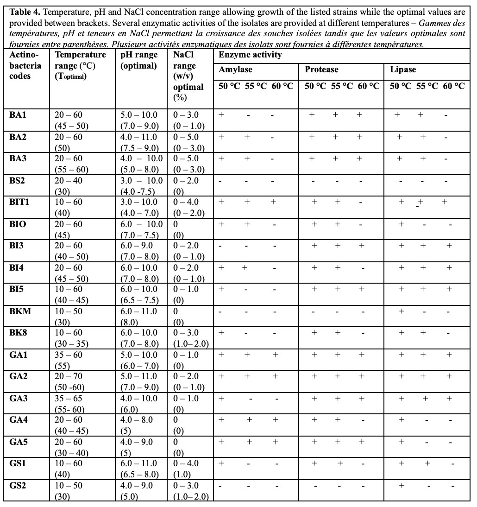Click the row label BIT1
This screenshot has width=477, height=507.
click(x=19, y=202)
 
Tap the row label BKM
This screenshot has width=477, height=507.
click(x=20, y=311)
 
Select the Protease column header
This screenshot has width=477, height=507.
click(x=321, y=70)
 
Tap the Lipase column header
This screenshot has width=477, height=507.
click(x=403, y=70)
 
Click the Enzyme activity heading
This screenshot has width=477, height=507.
click(x=250, y=55)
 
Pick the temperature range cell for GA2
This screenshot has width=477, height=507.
click(x=69, y=382)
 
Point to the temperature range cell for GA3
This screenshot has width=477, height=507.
click(x=69, y=404)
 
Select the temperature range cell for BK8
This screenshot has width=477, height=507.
click(x=69, y=338)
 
